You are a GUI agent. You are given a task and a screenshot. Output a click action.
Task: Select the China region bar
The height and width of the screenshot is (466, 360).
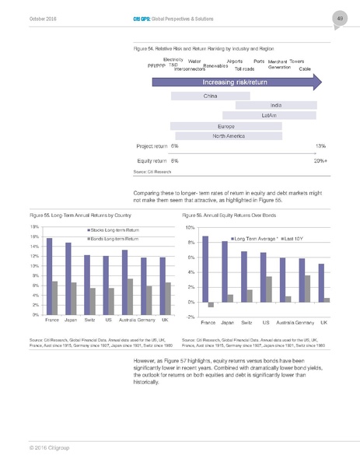coord(210,96)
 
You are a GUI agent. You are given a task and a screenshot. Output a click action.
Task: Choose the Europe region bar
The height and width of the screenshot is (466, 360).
coord(226,125)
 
